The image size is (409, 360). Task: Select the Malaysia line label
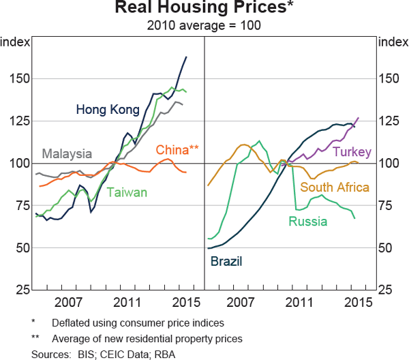click(x=68, y=153)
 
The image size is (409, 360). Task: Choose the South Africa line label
click(x=335, y=187)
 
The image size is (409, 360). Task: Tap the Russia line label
click(x=307, y=221)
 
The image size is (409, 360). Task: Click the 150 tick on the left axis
click(x=19, y=78)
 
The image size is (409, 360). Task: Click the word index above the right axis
click(x=391, y=42)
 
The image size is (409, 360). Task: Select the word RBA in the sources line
click(x=166, y=352)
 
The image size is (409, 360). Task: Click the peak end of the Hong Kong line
click(x=186, y=57)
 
